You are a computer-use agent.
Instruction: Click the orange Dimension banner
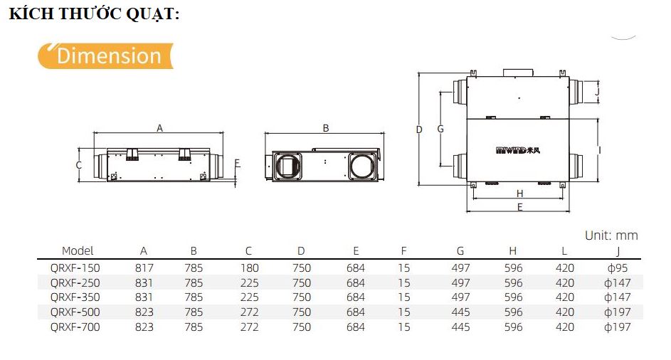click(105, 55)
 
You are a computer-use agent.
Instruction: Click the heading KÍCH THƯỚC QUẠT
click(94, 15)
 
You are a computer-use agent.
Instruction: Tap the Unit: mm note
click(611, 235)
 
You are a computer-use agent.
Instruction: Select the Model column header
click(78, 250)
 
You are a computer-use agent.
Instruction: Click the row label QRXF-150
click(75, 268)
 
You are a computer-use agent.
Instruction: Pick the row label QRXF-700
click(75, 327)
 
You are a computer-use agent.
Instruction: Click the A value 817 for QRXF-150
click(144, 268)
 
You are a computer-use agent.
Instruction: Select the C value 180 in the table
click(248, 268)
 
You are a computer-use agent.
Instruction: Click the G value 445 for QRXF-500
click(460, 312)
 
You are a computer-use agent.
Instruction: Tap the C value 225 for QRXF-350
click(248, 297)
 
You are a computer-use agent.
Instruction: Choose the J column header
click(618, 250)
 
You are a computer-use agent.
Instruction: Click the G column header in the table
click(460, 250)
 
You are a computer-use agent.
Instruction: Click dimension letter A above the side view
click(160, 128)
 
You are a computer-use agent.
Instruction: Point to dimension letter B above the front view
click(326, 128)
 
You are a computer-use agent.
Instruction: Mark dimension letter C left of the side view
click(79, 165)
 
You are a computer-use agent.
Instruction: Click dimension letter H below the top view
click(519, 194)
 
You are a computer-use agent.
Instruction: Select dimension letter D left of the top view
click(419, 129)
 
